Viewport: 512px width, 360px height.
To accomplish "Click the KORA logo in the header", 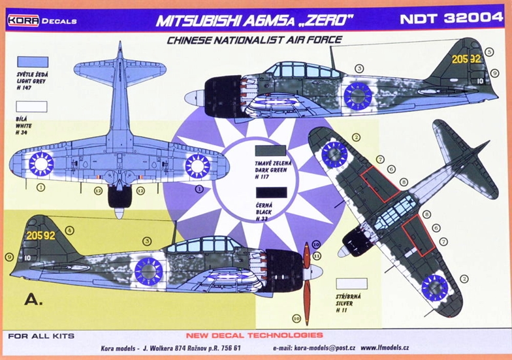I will pos(22,20).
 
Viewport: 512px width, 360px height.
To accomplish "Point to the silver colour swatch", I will pos(351,284).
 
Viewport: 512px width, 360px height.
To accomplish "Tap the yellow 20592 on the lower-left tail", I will pos(40,235).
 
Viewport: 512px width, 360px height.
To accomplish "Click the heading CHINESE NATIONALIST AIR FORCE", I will pos(254,40).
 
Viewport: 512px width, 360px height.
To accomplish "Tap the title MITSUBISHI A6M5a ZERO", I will pos(250,20).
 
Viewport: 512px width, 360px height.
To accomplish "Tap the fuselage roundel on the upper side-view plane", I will pos(358,95).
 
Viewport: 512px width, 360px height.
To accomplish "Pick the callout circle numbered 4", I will pos(69,229).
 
